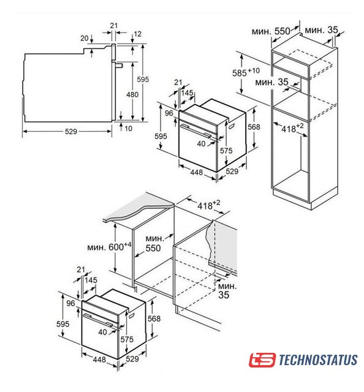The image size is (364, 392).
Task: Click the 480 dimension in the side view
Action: pyautogui.click(x=132, y=94)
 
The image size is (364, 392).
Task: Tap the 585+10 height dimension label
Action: pyautogui.click(x=246, y=72)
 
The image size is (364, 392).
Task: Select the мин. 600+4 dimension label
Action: pyautogui.click(x=109, y=246)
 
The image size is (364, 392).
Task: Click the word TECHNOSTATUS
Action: pyautogui.click(x=317, y=360)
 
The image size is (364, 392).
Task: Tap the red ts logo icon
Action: pyautogui.click(x=262, y=360)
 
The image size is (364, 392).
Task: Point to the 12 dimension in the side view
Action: pyautogui.click(x=137, y=34)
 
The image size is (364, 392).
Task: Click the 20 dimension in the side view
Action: pyautogui.click(x=85, y=38)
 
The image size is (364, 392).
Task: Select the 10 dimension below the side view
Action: pyautogui.click(x=128, y=129)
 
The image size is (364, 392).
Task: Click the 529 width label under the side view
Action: pyautogui.click(x=71, y=132)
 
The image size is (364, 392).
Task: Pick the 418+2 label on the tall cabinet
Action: pyautogui.click(x=292, y=128)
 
